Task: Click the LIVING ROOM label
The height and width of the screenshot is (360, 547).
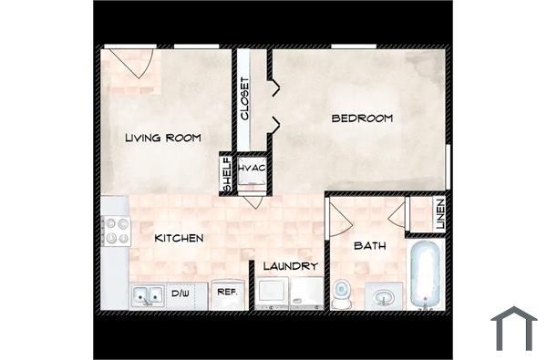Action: pyautogui.click(x=162, y=138)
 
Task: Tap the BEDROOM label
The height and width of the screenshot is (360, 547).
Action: pyautogui.click(x=362, y=118)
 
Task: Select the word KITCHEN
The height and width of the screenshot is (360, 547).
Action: pyautogui.click(x=179, y=238)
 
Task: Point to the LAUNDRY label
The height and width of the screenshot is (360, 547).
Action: pyautogui.click(x=290, y=266)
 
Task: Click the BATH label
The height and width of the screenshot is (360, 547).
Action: pyautogui.click(x=370, y=245)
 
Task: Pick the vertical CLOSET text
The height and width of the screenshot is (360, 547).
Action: pyautogui.click(x=245, y=98)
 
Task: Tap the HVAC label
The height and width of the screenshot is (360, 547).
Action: pyautogui.click(x=252, y=170)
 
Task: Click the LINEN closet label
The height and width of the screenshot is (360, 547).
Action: pyautogui.click(x=439, y=215)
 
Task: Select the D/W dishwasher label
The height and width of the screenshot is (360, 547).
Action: pyautogui.click(x=181, y=293)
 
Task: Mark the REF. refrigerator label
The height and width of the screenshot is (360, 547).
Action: pyautogui.click(x=225, y=293)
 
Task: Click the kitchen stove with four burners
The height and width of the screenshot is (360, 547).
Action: pyautogui.click(x=117, y=231)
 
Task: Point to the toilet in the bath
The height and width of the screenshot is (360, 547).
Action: pyautogui.click(x=342, y=293)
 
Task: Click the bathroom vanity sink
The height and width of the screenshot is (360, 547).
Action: pyautogui.click(x=384, y=296)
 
